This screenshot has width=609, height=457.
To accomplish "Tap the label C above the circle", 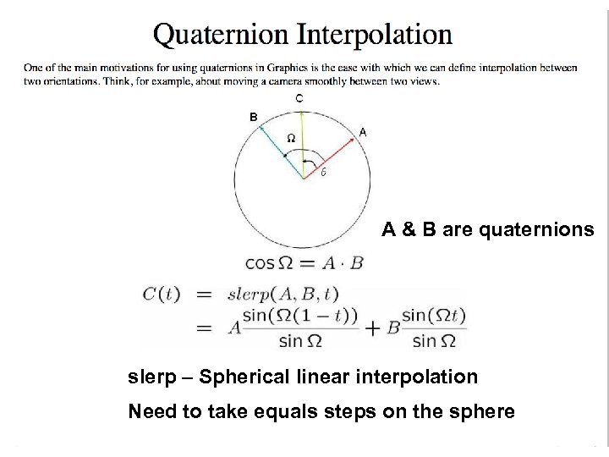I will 299,99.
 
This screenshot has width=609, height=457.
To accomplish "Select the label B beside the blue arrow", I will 252,117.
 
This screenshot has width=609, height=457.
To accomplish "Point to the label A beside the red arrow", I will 362,132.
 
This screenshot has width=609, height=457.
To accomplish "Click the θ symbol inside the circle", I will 323,173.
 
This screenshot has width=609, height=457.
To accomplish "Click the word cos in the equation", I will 261,262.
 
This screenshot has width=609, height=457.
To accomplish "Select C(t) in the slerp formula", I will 161,295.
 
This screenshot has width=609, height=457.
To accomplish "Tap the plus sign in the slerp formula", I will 371,329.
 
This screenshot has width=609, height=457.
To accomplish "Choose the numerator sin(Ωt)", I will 433,317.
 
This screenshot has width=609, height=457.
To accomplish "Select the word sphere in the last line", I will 480,412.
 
